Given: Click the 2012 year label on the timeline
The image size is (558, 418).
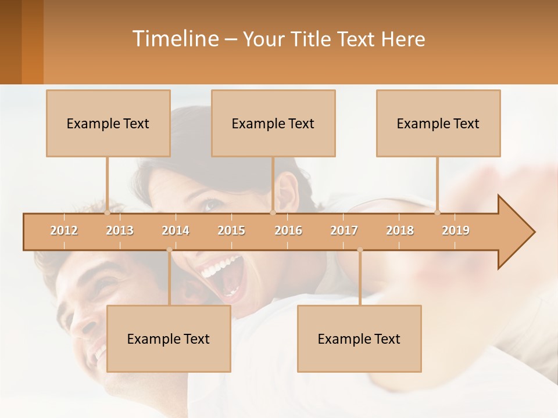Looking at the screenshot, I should pyautogui.click(x=64, y=230).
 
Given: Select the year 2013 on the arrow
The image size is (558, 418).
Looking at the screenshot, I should pyautogui.click(x=120, y=230).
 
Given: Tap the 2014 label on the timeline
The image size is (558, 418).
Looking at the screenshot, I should pyautogui.click(x=176, y=230).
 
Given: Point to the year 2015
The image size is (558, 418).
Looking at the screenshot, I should pyautogui.click(x=231, y=230).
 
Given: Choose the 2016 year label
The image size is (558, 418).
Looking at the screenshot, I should pyautogui.click(x=288, y=230).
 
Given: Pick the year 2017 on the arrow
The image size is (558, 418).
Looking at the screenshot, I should pyautogui.click(x=344, y=230).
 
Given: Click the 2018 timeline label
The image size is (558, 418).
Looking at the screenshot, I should pyautogui.click(x=400, y=230).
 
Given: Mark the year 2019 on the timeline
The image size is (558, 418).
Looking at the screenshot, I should pyautogui.click(x=456, y=230).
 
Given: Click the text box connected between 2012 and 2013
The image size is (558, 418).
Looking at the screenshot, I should pyautogui.click(x=108, y=123).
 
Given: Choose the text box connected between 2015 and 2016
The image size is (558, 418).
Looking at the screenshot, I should pyautogui.click(x=273, y=123).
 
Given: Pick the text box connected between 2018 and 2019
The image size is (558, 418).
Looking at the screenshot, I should pyautogui.click(x=438, y=123).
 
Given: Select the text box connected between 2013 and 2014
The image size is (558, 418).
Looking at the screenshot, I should pyautogui.click(x=169, y=338).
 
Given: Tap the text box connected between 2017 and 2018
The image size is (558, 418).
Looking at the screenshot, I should pyautogui.click(x=359, y=338).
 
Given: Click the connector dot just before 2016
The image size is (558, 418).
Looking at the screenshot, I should pyautogui.click(x=273, y=212).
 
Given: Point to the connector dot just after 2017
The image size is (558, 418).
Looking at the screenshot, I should pyautogui.click(x=360, y=250).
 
